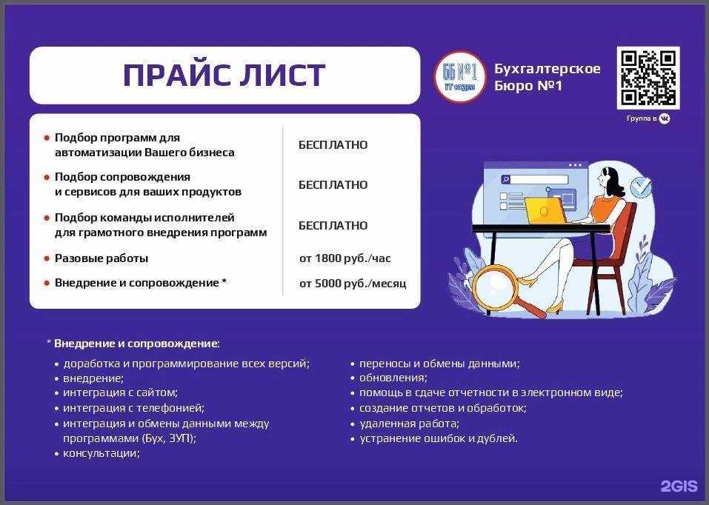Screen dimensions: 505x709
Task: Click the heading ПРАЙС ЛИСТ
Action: [x=224, y=76]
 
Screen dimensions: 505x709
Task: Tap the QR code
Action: [x=648, y=78]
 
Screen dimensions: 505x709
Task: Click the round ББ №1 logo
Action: [x=459, y=77]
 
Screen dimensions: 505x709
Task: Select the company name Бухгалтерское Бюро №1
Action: [x=547, y=77]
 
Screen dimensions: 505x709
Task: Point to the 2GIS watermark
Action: [x=679, y=486]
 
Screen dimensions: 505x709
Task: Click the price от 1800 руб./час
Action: [x=344, y=258]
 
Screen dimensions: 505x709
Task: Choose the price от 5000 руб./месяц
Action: [x=353, y=284]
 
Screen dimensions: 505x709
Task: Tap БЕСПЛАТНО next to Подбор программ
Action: [x=333, y=145]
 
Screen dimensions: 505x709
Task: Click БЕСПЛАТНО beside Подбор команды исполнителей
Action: [x=333, y=225]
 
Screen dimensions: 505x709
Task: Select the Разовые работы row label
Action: [x=101, y=258]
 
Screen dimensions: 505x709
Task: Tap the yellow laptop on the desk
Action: [x=546, y=210]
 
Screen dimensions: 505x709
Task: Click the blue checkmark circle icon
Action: [x=641, y=187]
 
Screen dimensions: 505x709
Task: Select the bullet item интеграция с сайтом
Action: [x=120, y=392]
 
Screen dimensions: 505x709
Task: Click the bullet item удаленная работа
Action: [x=409, y=424]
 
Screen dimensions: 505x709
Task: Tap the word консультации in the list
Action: [x=101, y=453]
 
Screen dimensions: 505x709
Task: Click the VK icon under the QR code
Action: [x=665, y=118]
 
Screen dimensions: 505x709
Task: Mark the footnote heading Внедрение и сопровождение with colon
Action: [x=136, y=344]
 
